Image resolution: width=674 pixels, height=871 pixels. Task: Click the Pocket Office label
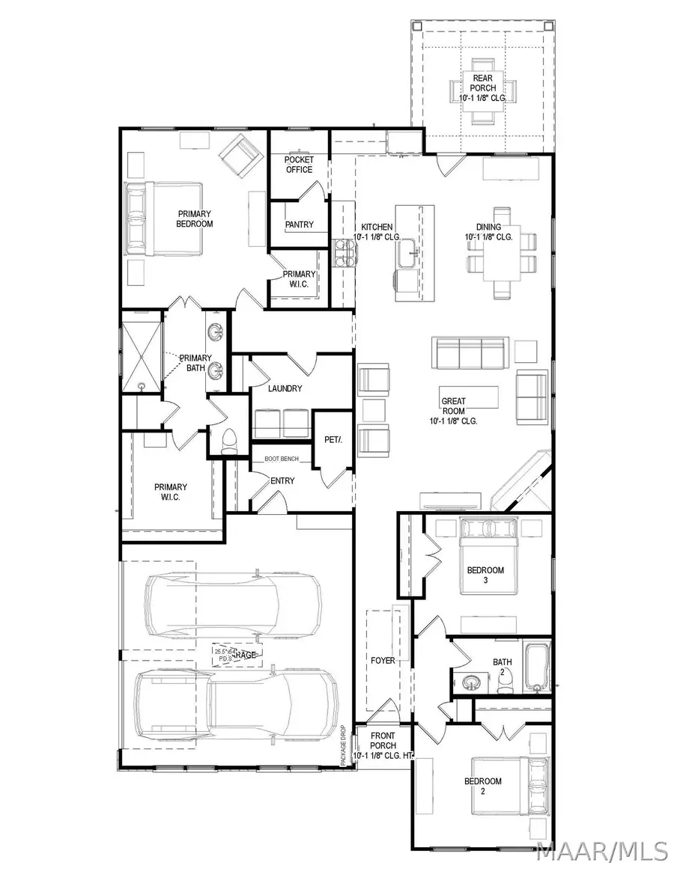coord(299,165)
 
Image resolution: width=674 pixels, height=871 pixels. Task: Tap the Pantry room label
coord(299,224)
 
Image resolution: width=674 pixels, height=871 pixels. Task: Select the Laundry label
coord(285,388)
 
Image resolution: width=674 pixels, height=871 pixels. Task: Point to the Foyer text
coord(383,661)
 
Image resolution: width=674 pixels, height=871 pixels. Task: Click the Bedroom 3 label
coord(485,575)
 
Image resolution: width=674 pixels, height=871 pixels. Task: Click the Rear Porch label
coord(483,88)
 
